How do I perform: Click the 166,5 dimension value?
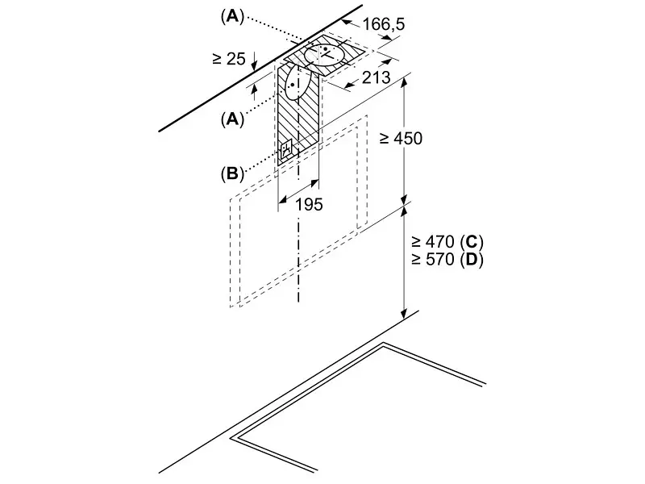[384, 24]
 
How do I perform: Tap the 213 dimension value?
[376, 77]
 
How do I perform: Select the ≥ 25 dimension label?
[229, 58]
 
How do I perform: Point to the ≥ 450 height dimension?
[401, 138]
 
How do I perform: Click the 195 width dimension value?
[310, 204]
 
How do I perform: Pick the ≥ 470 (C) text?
[447, 241]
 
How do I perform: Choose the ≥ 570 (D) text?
[447, 259]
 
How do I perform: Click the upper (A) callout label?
[232, 17]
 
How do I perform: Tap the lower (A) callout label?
[232, 119]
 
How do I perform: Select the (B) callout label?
[232, 173]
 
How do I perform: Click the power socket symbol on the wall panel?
[286, 151]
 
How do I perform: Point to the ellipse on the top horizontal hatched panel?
[325, 55]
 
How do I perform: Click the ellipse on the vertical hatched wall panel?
[298, 83]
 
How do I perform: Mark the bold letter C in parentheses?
[472, 241]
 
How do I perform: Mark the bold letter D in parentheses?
[472, 259]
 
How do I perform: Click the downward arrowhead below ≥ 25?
[255, 65]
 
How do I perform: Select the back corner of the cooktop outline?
[384, 344]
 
